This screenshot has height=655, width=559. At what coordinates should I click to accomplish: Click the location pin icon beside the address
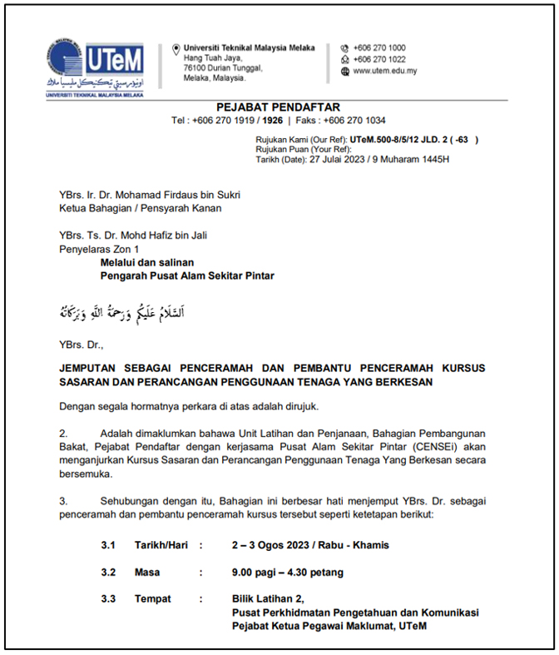pyautogui.click(x=176, y=49)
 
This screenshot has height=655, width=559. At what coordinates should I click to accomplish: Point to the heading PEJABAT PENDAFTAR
pyautogui.click(x=278, y=107)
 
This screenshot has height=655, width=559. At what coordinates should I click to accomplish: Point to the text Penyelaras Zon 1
pyautogui.click(x=99, y=249)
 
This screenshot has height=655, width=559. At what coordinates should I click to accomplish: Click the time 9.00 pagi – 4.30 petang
pyautogui.click(x=288, y=573)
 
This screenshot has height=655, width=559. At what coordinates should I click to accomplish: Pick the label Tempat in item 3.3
pyautogui.click(x=152, y=598)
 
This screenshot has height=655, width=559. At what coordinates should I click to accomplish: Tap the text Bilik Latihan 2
pyautogui.click(x=269, y=598)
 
